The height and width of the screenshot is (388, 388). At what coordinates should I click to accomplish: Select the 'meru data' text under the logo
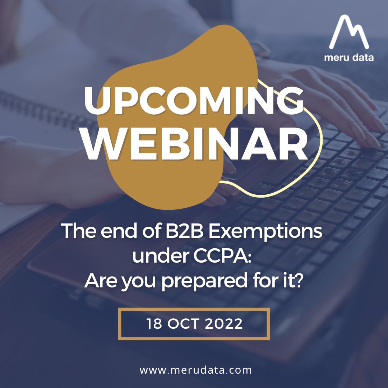[x=348, y=57]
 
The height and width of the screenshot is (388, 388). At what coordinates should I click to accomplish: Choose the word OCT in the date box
[x=184, y=324]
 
